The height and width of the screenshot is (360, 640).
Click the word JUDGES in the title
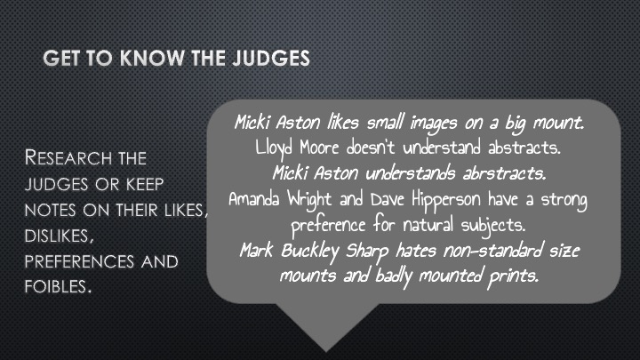(271, 58)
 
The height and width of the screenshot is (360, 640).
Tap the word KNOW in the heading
(152, 58)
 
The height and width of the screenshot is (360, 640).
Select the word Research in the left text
(68, 157)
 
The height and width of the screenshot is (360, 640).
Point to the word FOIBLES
(58, 286)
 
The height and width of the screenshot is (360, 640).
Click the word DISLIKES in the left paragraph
(59, 236)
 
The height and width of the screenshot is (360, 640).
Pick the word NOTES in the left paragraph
(50, 210)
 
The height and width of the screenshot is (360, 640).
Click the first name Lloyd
(274, 148)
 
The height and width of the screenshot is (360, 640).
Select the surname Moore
(319, 148)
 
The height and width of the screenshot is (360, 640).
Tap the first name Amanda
(254, 199)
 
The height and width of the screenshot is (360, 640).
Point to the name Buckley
(310, 252)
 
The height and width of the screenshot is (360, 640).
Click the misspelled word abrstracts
(504, 173)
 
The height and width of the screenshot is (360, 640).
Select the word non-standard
(493, 250)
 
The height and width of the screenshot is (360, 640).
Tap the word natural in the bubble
(428, 225)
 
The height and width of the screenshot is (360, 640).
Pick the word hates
(416, 250)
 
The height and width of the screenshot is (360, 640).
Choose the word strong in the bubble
(564, 200)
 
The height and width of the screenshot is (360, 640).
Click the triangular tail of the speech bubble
(326, 324)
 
